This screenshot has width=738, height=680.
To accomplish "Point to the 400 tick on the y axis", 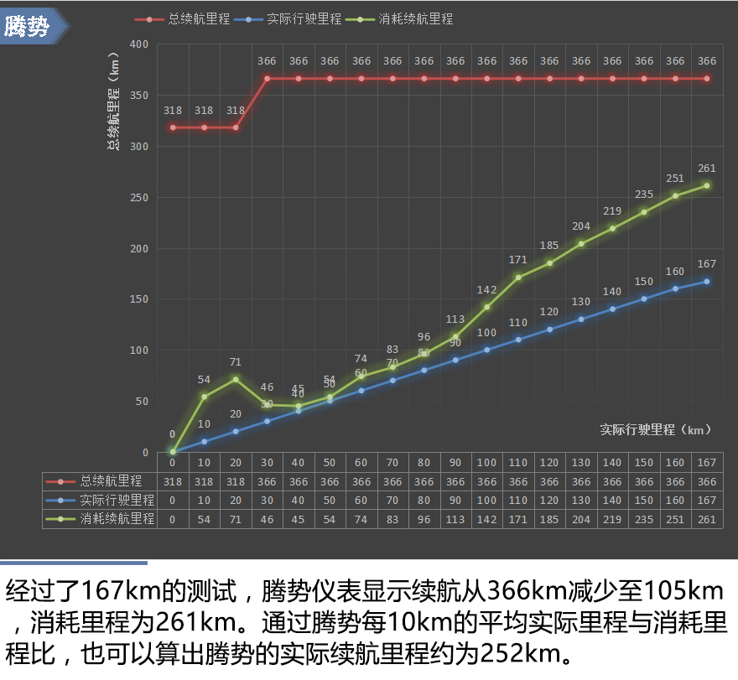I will (138, 44).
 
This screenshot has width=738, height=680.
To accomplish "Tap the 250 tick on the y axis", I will (138, 198).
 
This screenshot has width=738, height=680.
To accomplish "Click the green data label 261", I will (707, 169).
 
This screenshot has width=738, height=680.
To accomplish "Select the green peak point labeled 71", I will (236, 379).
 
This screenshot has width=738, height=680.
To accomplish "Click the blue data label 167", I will (707, 264).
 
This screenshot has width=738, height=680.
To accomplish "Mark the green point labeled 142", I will (487, 307).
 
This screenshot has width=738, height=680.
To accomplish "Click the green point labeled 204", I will (581, 244).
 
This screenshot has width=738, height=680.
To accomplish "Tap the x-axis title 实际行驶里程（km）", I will (656, 430).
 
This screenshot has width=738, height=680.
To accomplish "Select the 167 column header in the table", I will (707, 463).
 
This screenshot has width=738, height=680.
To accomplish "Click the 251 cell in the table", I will (675, 518).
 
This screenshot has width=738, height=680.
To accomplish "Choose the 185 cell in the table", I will (550, 518).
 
